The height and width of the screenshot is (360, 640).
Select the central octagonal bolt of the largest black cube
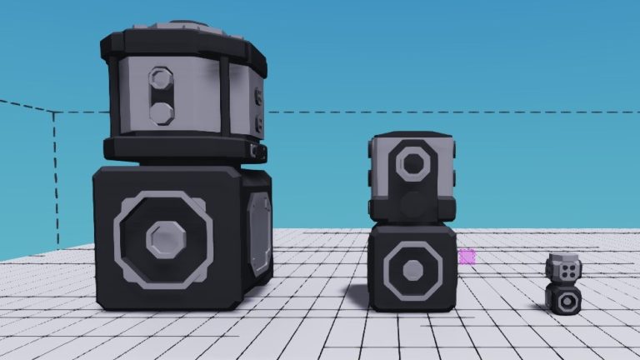(163, 239)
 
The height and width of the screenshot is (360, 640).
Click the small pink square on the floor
(467, 256)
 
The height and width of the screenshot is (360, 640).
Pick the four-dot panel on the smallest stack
(567, 272)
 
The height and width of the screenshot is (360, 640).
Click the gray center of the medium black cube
(412, 270)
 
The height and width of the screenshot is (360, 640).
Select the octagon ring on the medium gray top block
(412, 162)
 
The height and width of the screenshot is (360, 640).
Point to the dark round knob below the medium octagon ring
(412, 203)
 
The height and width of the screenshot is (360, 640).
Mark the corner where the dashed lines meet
(54, 112)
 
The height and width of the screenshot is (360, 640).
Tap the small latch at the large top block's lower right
(257, 151)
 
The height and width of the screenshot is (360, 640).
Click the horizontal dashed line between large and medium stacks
(317, 112)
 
